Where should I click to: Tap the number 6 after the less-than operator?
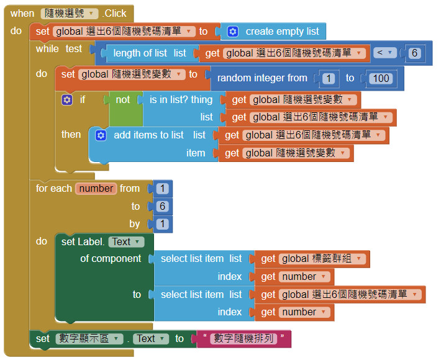pyautogui.click(x=414, y=53)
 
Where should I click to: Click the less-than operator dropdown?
pyautogui.click(x=385, y=53)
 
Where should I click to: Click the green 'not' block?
pyautogui.click(x=123, y=99)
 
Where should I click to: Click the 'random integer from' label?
pyautogui.click(x=262, y=78)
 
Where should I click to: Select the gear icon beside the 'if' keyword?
pyautogui.click(x=67, y=99)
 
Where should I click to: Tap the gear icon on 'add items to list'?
pyautogui.click(x=101, y=135)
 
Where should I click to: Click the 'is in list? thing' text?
pyautogui.click(x=181, y=99)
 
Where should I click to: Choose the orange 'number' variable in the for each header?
pyautogui.click(x=96, y=188)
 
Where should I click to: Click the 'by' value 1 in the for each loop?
pyautogui.click(x=162, y=223)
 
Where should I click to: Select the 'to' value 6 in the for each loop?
pyautogui.click(x=162, y=206)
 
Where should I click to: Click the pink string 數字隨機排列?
pyautogui.click(x=244, y=338)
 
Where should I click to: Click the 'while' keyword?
pyautogui.click(x=47, y=49)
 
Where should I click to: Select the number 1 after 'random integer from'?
pyautogui.click(x=329, y=78)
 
